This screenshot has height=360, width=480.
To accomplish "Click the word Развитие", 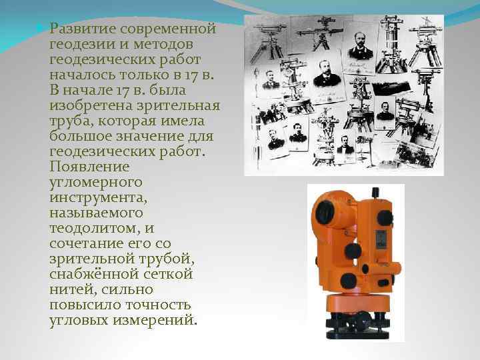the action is [82, 29].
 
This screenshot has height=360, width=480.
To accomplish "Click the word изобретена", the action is [91, 106].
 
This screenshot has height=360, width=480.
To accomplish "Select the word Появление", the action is [89, 167].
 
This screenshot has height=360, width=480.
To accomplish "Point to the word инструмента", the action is [98, 198].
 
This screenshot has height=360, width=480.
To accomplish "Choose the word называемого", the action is [96, 213].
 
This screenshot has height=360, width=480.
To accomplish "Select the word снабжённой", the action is [95, 274].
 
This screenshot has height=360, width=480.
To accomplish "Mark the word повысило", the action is [85, 305].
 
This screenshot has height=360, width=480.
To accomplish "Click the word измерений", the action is [155, 321].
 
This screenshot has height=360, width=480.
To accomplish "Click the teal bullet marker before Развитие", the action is [39, 28].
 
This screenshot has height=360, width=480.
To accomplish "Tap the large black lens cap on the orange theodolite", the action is [325, 212].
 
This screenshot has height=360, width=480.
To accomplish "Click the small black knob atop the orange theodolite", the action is [375, 193].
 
